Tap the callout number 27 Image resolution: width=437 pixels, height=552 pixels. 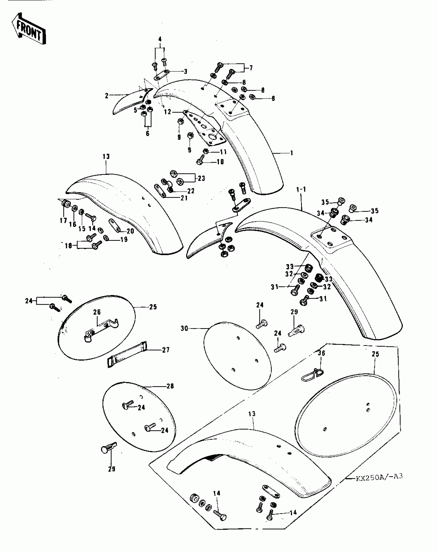[x=166, y=350]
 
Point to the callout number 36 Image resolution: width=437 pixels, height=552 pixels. [x=321, y=353]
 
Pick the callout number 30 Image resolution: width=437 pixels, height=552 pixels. [x=184, y=328]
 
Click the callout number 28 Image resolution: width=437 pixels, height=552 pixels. [x=170, y=393]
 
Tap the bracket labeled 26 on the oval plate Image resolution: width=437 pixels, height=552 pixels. [x=102, y=330]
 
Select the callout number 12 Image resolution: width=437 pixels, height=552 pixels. [x=167, y=112]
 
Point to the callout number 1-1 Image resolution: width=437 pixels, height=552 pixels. [x=301, y=190]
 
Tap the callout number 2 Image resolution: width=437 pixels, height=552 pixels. [x=107, y=96]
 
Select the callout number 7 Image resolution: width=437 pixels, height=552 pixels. [x=251, y=68]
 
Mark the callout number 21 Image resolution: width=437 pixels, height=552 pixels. [x=184, y=198]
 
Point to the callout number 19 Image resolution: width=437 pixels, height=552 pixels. [x=124, y=240]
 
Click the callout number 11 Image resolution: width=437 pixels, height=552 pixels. [x=223, y=152]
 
